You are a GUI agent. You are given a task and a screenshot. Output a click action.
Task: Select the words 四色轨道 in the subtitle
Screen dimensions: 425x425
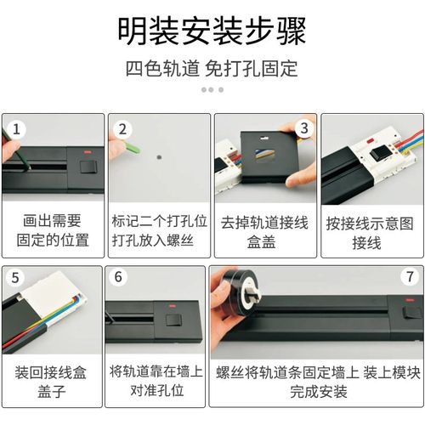(158, 68)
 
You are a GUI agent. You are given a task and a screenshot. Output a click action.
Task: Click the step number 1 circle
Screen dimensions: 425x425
(17, 129)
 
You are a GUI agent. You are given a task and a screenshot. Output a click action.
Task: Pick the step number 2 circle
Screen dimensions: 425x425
(122, 129)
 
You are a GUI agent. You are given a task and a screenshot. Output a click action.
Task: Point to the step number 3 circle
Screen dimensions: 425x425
(301, 128)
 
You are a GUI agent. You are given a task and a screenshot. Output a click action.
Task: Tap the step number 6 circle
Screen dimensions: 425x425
(119, 278)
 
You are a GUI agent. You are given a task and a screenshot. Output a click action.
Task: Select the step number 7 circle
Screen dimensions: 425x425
(409, 277)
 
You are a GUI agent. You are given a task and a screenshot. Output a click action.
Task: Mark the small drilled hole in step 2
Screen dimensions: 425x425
(158, 156)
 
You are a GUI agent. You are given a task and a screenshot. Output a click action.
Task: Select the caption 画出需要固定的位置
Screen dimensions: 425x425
(53, 229)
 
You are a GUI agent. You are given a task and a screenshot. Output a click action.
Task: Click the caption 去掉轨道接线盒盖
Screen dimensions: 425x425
(263, 230)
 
